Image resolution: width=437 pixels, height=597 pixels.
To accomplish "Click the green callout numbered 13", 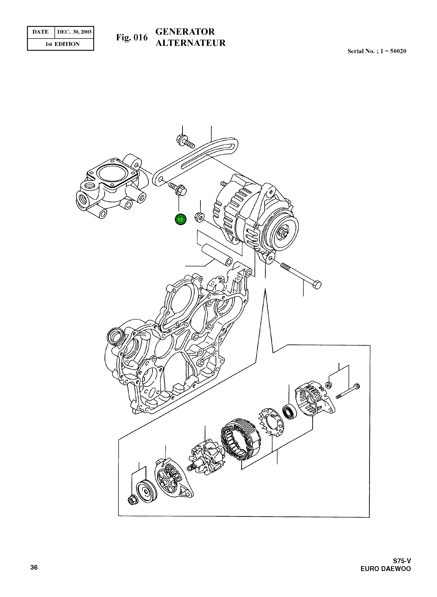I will (180, 219).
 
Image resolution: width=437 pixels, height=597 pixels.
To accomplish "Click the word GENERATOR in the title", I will (185, 32).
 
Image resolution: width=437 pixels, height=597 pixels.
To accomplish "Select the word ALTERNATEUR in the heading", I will (190, 43).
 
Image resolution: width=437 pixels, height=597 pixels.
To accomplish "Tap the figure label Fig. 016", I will (132, 38).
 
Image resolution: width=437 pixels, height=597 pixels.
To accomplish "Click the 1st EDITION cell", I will (62, 44).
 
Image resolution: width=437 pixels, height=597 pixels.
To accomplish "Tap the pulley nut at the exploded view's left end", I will (131, 501).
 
